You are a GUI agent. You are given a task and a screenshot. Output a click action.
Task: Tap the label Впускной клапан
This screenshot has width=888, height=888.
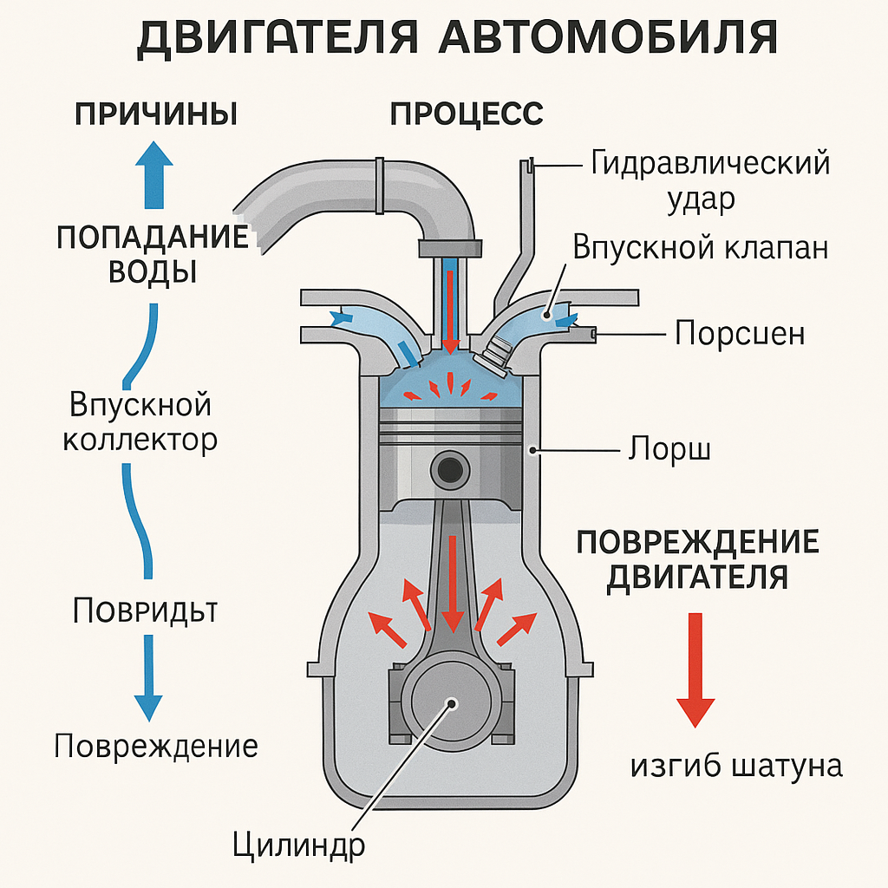(700, 248)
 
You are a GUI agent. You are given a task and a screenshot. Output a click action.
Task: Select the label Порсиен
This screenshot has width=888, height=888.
(740, 333)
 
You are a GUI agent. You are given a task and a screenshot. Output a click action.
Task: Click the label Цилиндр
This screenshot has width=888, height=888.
(299, 843)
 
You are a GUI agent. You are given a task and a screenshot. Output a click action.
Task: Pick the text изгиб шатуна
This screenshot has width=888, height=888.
(736, 766)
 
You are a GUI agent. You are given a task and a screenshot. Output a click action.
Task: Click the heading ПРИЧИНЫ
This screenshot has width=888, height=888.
(156, 114)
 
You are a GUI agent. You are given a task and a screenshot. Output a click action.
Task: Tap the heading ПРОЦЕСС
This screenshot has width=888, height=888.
(467, 114)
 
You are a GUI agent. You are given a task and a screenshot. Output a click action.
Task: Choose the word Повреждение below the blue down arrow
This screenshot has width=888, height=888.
(156, 746)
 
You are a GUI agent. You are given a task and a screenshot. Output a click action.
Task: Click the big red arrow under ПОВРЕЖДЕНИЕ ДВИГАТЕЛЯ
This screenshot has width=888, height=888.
(695, 668)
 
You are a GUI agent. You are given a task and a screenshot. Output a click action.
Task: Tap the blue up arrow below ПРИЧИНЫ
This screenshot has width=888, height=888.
(156, 173)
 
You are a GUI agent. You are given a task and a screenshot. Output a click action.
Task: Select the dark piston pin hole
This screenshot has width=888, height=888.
(451, 469)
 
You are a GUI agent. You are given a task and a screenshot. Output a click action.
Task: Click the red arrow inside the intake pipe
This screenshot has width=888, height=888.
(451, 308)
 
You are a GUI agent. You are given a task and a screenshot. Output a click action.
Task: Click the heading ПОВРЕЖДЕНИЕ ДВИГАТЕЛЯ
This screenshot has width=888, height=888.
(697, 559)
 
